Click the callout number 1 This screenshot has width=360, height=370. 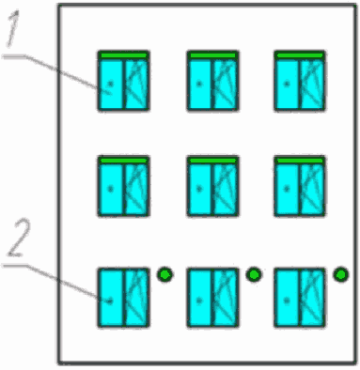[13, 28]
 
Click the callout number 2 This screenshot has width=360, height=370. [20, 238]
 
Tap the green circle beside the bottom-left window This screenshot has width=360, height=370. [164, 275]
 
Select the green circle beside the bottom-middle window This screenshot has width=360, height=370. [254, 275]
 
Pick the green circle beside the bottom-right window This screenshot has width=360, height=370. [340, 275]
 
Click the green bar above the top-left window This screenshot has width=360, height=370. [123, 55]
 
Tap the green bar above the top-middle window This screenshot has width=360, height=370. [213, 55]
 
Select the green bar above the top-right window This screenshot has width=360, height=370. [300, 55]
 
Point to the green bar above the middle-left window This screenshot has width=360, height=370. [123, 161]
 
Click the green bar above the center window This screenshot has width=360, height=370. [213, 161]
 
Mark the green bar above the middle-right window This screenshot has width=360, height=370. [300, 161]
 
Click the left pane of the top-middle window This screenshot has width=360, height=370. [200, 84]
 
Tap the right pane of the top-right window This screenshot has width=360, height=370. [312, 84]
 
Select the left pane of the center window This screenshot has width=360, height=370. [200, 189]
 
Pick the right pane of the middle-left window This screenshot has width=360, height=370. [136, 189]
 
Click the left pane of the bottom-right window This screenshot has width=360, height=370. [288, 298]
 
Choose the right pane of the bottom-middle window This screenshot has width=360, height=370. [225, 298]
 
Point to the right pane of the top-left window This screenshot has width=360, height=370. [136, 84]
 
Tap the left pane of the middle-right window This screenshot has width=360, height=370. [288, 189]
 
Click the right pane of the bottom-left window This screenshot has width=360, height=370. [136, 298]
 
